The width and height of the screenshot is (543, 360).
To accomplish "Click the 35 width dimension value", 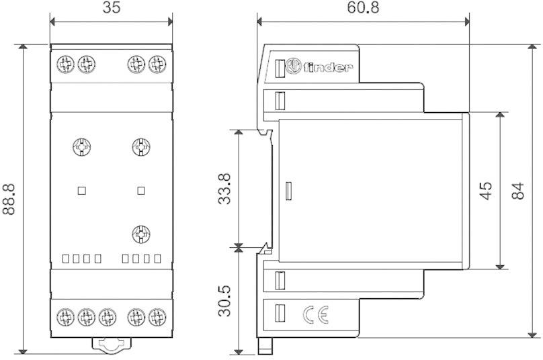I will [111, 9].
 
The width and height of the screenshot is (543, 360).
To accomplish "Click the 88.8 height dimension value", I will [9, 199].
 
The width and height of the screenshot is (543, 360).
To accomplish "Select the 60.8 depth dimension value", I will [362, 9].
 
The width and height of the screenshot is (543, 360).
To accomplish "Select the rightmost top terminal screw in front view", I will [157, 64].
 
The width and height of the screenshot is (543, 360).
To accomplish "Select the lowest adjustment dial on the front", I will [140, 234].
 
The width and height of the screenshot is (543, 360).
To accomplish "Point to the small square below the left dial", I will [82, 190].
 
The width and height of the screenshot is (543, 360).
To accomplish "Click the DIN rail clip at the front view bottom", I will [112, 345].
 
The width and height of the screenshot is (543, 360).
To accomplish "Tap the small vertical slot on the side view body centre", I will [288, 191].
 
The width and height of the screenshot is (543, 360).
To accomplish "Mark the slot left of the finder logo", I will [280, 67].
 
